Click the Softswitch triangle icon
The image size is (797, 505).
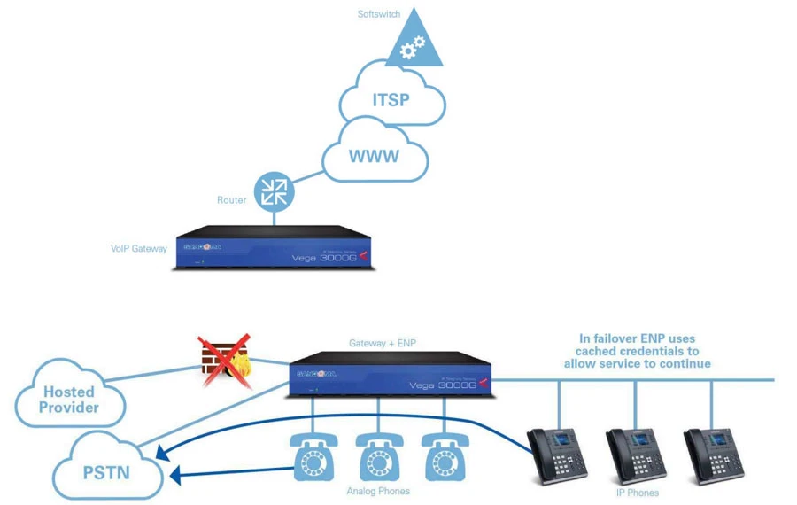click(414, 44)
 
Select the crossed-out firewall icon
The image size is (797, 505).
click(224, 361)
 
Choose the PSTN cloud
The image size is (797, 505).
click(107, 470)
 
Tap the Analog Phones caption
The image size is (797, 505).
click(377, 491)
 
